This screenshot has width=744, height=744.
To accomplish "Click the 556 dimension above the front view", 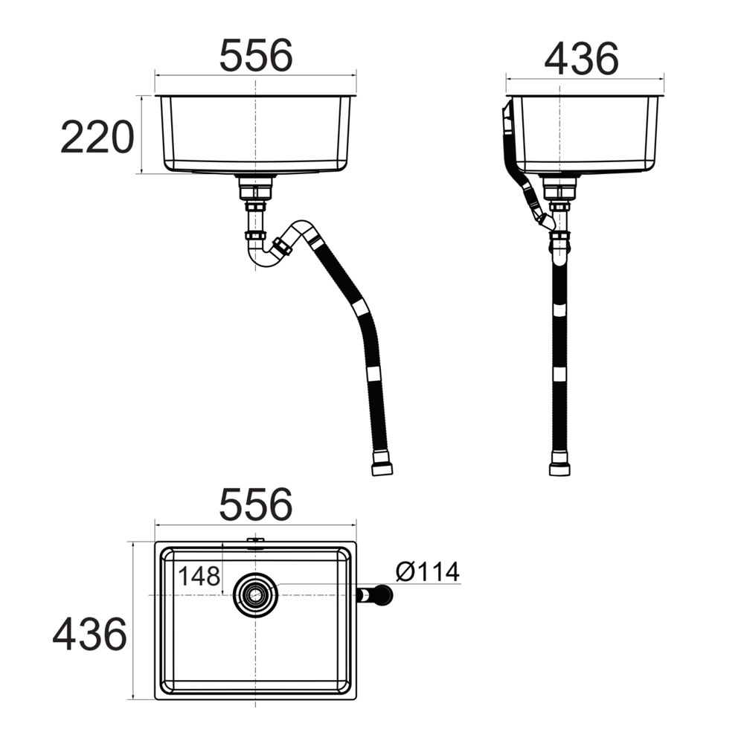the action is (x=256, y=55).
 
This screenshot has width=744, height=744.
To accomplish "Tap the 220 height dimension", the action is (x=97, y=137).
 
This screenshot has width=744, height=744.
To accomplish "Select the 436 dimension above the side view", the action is (x=581, y=59).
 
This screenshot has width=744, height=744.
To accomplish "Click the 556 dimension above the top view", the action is (x=256, y=504).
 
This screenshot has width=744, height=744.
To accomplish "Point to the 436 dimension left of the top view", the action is (x=90, y=635).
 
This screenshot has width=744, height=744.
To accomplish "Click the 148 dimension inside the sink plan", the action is (x=199, y=576).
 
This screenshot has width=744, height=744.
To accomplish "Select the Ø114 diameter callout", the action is (x=428, y=571).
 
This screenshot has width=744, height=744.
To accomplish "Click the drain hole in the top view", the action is (x=256, y=594).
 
